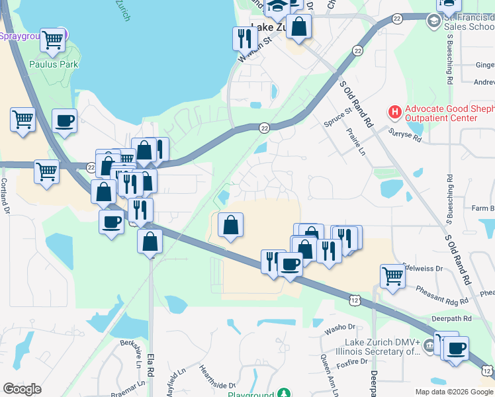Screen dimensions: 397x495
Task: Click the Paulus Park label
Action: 54,64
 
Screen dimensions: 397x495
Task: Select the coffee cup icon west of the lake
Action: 64,121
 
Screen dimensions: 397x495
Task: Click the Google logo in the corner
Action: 22,389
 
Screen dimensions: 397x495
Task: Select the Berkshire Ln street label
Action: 130,355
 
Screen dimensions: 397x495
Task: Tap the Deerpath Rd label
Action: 453,318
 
